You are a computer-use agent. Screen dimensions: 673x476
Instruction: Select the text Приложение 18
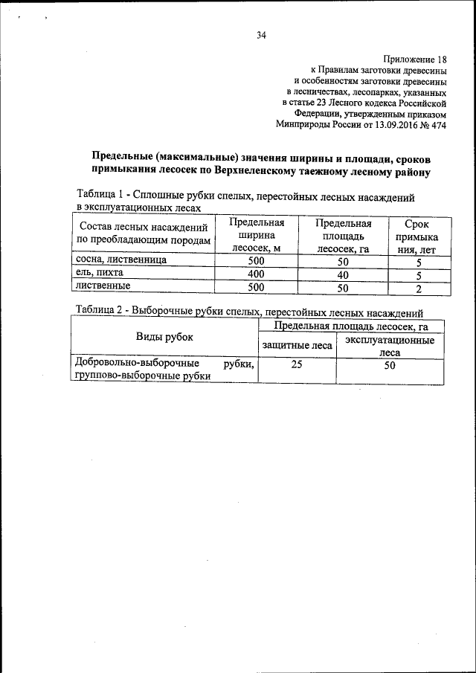(415, 59)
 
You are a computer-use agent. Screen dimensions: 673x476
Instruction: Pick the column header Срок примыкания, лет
(416, 236)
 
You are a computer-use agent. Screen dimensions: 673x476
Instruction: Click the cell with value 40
(343, 274)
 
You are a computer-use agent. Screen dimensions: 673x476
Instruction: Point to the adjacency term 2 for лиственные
(419, 288)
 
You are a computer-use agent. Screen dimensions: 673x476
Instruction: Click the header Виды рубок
(164, 337)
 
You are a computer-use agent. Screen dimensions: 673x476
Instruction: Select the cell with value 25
(297, 365)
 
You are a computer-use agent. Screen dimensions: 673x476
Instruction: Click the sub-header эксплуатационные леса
(390, 347)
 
